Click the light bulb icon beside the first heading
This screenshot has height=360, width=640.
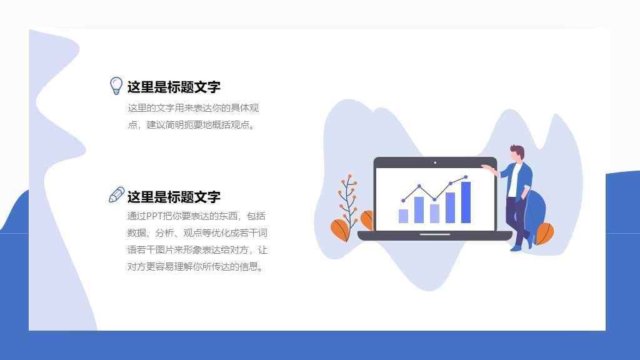(x=116, y=86)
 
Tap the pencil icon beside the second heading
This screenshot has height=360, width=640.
(x=116, y=195)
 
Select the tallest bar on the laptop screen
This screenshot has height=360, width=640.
(x=466, y=202)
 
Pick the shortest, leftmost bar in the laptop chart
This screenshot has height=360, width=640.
(x=403, y=216)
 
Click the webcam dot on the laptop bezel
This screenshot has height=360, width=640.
(x=435, y=162)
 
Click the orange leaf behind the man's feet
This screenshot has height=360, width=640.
(x=545, y=234)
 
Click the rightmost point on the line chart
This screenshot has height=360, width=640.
(x=466, y=177)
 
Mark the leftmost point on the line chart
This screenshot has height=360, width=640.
(x=403, y=201)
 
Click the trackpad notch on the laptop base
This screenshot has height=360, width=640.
(x=435, y=234)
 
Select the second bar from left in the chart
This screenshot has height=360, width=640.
(x=419, y=210)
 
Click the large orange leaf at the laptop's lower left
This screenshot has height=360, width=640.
(x=339, y=230)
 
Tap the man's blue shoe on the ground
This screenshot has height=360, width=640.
(x=516, y=248)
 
